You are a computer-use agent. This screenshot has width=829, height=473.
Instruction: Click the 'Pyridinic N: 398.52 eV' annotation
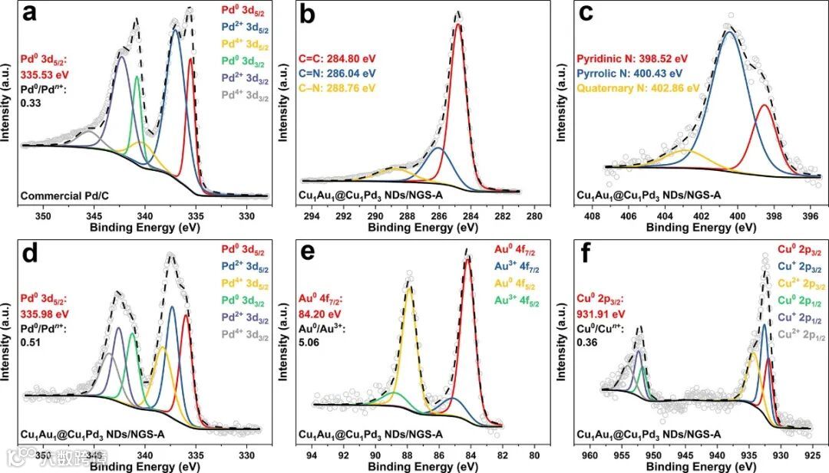tap(632, 57)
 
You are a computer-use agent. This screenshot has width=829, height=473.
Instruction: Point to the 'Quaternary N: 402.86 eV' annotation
tap(638, 88)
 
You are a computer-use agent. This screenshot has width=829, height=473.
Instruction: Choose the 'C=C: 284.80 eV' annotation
tap(337, 57)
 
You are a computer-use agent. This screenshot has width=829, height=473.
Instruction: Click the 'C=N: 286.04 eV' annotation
tap(337, 73)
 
